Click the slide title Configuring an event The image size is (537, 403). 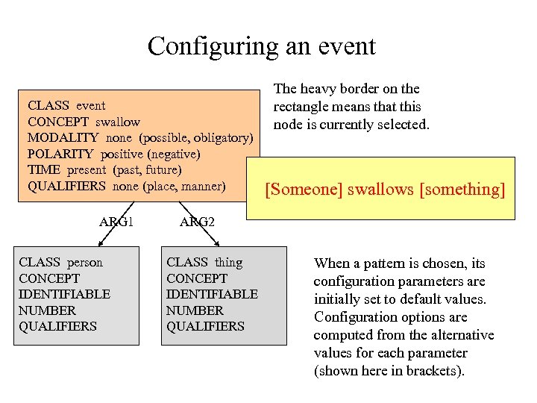pyautogui.click(x=262, y=46)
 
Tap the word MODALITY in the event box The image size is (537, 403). pyautogui.click(x=63, y=138)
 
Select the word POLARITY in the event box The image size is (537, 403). pyautogui.click(x=60, y=154)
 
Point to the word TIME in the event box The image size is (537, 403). pyautogui.click(x=43, y=170)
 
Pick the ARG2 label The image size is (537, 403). pyautogui.click(x=197, y=222)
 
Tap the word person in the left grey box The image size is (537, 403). pyautogui.click(x=85, y=263)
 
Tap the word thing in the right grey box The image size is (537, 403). pyautogui.click(x=228, y=263)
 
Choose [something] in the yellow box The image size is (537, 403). pyautogui.click(x=462, y=190)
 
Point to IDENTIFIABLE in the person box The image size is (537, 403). pyautogui.click(x=64, y=294)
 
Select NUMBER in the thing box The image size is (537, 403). pyautogui.click(x=195, y=310)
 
